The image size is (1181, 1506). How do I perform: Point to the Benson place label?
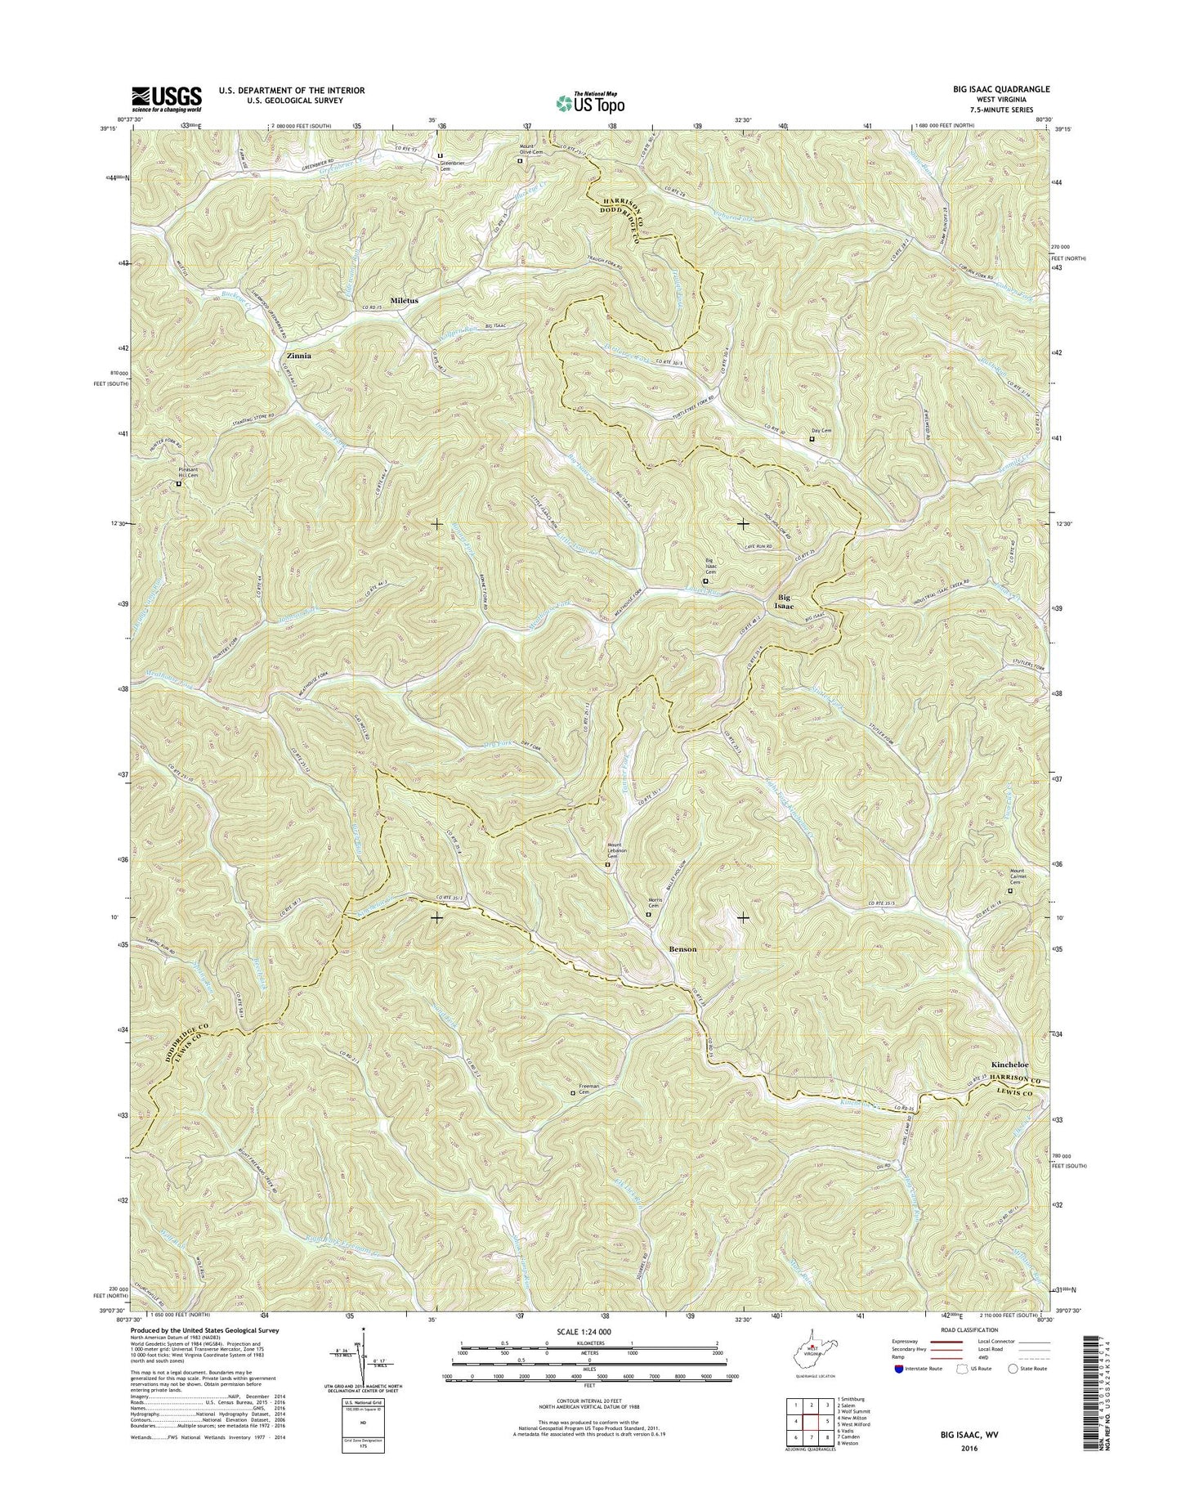[683, 948]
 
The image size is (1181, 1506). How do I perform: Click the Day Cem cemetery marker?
[812, 438]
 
